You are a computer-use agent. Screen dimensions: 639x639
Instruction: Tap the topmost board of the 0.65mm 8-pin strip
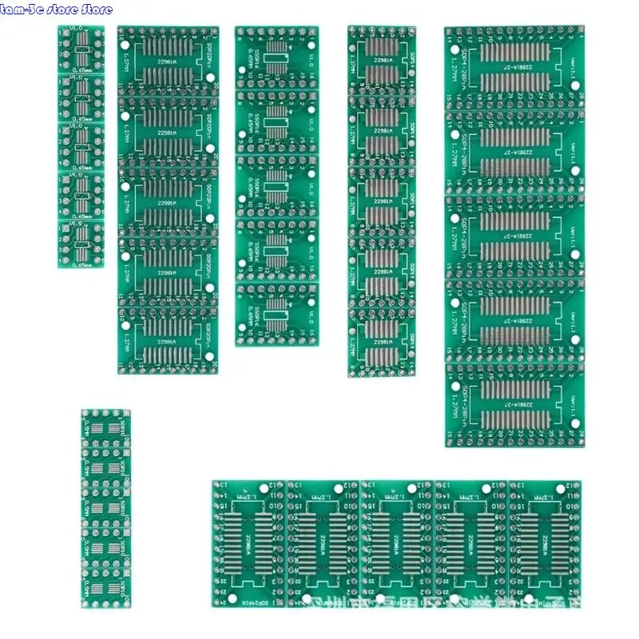coord(81,50)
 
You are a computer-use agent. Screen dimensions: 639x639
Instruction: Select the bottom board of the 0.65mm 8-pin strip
coord(81,244)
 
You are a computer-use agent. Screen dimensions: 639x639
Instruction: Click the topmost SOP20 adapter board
coord(167,62)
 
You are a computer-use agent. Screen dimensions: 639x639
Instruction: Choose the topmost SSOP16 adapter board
coord(276,58)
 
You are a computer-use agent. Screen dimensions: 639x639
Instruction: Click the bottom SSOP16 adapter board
coord(276,315)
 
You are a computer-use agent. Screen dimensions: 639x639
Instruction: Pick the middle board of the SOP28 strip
coord(514,236)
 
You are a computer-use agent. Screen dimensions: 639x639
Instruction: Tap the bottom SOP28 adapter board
coord(514,403)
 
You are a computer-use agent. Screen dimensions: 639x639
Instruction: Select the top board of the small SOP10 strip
coord(105,430)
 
